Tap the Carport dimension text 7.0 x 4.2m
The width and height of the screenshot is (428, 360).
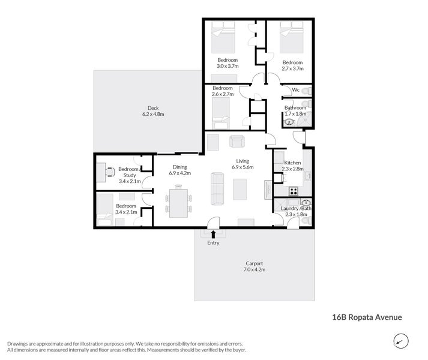(x=255, y=270)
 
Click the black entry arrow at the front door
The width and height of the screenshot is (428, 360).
(x=213, y=235)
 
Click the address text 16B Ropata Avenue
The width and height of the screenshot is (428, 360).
(x=367, y=317)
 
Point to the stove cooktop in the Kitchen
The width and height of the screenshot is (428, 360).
(x=294, y=191)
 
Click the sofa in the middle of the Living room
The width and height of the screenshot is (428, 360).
(x=216, y=187)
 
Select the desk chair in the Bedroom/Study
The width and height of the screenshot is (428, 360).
(x=110, y=171)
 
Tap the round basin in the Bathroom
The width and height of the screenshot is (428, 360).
(x=290, y=122)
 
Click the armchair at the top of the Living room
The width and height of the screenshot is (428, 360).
(x=237, y=142)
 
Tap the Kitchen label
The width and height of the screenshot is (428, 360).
(x=292, y=163)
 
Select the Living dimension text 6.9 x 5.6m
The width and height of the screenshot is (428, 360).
(x=243, y=167)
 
